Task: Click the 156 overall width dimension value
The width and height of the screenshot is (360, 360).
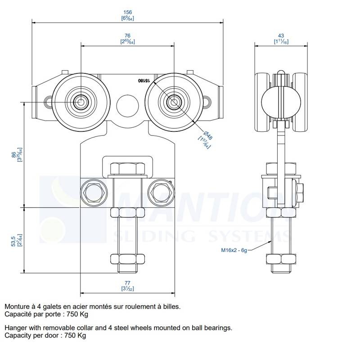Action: click(127, 13)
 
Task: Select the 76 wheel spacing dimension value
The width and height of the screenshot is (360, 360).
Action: click(127, 36)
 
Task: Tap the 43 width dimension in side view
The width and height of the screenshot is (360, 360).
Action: click(281, 36)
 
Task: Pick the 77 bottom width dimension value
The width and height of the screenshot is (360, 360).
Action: click(127, 283)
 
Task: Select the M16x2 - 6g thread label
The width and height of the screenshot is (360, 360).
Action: click(232, 250)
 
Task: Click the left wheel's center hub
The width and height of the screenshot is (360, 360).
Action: click(81, 102)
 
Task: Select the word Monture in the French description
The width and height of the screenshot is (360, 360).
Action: click(18, 306)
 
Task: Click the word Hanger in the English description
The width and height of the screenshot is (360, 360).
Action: click(16, 328)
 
